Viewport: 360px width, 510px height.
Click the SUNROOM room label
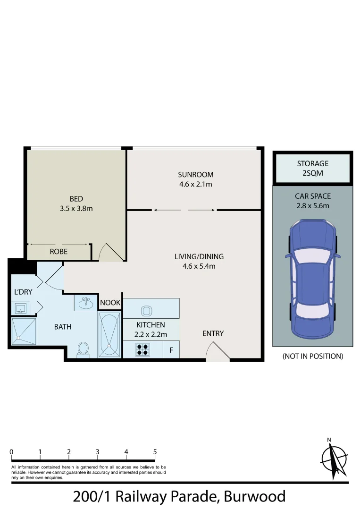pyautogui.click(x=195, y=174)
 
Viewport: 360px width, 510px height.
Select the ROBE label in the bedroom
pyautogui.click(x=59, y=252)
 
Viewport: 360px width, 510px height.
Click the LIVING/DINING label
pyautogui.click(x=199, y=257)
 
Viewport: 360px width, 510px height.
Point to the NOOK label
pyautogui.click(x=110, y=303)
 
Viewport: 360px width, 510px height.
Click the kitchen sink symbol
pyautogui.click(x=145, y=310)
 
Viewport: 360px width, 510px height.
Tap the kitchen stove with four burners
pyautogui.click(x=142, y=350)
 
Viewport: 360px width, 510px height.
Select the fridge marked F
pyautogui.click(x=171, y=350)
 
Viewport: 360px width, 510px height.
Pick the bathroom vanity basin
pyautogui.click(x=86, y=302)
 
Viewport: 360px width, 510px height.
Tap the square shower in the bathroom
pyautogui.click(x=23, y=332)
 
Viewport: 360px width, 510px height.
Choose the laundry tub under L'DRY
pyautogui.click(x=21, y=308)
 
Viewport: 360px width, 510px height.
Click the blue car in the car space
pyautogui.click(x=312, y=279)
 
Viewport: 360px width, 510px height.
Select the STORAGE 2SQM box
pyautogui.click(x=312, y=168)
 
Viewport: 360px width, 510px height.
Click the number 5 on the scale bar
pyautogui.click(x=155, y=452)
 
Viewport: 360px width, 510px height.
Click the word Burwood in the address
pyautogui.click(x=255, y=497)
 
